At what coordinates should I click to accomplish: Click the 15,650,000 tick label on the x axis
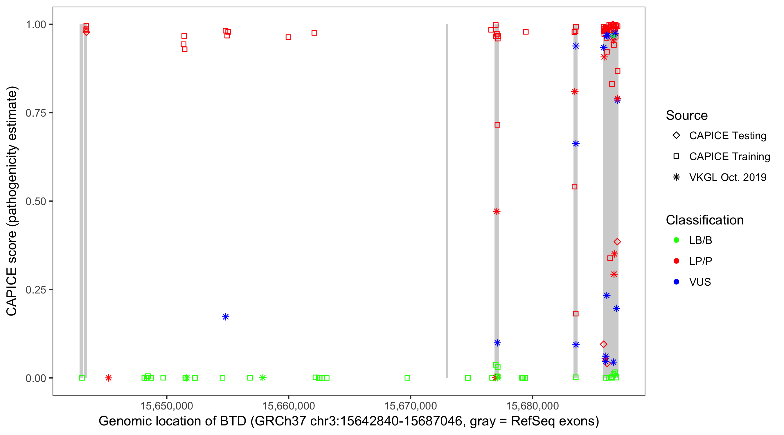(x=166, y=406)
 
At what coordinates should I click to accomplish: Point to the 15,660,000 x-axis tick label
(x=288, y=406)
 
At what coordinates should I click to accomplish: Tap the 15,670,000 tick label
(x=410, y=406)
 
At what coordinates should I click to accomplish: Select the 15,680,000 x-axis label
(x=532, y=406)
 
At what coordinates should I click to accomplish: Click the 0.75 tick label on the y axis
(x=36, y=113)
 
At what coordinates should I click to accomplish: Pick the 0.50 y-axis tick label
(x=36, y=201)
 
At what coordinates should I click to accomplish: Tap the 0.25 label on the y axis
(x=36, y=290)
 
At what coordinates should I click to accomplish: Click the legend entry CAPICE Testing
(x=727, y=136)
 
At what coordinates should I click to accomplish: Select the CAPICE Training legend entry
(x=729, y=157)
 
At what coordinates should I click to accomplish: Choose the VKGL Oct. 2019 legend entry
(x=727, y=177)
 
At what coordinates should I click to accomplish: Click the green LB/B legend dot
(x=676, y=240)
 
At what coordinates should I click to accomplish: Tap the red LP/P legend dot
(x=676, y=261)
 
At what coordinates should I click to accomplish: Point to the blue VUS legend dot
(x=676, y=282)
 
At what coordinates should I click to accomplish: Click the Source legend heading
(x=687, y=115)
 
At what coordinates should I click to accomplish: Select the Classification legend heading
(x=704, y=220)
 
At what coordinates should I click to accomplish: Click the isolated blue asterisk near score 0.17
(x=226, y=317)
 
